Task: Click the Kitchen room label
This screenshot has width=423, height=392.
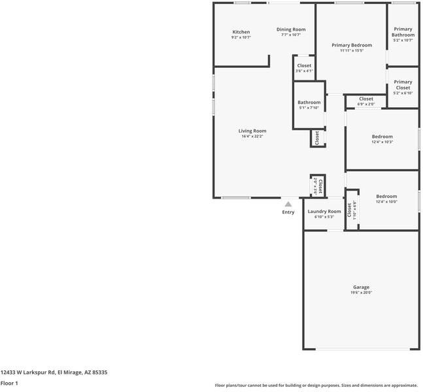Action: (x=241, y=32)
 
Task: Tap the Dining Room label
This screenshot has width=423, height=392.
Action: (x=291, y=29)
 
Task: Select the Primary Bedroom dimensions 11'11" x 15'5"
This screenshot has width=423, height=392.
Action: (x=352, y=50)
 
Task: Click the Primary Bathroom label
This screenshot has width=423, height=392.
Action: (x=403, y=32)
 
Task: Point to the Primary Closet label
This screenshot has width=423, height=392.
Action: (x=403, y=85)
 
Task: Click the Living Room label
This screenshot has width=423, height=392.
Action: (x=252, y=131)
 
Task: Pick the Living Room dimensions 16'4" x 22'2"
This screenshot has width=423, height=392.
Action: (x=252, y=137)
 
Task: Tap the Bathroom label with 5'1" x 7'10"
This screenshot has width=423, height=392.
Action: (x=309, y=102)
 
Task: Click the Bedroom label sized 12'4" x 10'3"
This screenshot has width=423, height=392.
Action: (x=382, y=137)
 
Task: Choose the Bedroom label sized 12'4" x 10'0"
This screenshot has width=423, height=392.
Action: (x=386, y=196)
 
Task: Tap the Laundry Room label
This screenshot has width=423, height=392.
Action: (x=324, y=211)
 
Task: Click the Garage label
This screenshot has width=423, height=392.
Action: (x=361, y=287)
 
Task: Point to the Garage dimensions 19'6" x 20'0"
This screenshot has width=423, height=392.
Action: (x=361, y=293)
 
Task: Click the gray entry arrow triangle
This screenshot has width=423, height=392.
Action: (x=288, y=204)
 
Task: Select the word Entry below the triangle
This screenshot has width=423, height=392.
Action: (x=288, y=212)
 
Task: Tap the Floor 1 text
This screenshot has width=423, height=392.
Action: (x=9, y=383)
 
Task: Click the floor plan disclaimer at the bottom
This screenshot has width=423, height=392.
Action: (x=316, y=385)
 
